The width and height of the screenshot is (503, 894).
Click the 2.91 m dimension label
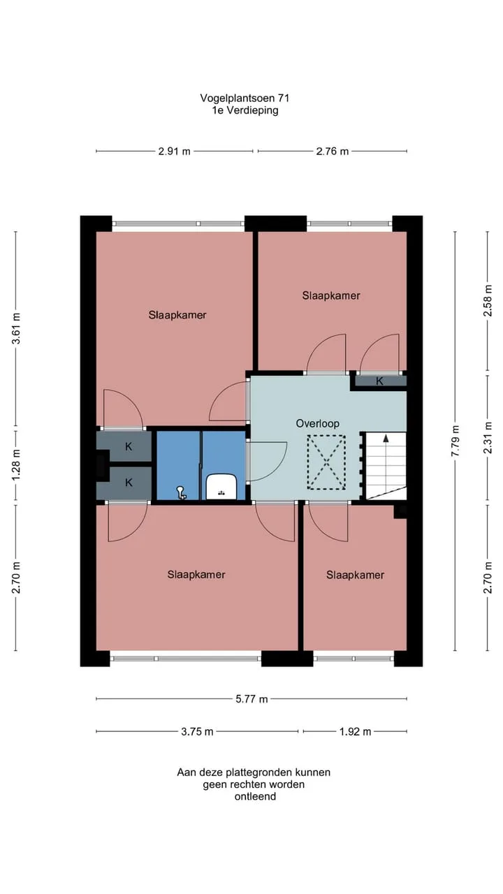[x=175, y=152]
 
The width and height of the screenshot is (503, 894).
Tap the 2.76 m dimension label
[x=333, y=152]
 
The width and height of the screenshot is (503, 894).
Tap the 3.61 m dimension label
[x=16, y=328]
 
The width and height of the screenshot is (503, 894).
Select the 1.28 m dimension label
[x=16, y=465]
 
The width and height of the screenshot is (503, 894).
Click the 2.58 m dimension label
[x=488, y=300]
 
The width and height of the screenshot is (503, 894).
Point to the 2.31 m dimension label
[x=488, y=438]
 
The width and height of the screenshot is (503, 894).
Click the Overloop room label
[x=318, y=423]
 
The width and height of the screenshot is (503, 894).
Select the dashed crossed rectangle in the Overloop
[x=326, y=462]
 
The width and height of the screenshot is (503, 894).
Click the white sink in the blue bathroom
[x=221, y=487]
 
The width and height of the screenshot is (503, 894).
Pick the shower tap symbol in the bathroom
[x=181, y=492]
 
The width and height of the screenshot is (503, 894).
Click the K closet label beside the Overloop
[x=379, y=381]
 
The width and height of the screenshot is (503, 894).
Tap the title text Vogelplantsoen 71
[x=245, y=98]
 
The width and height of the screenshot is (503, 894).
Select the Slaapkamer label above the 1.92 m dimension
[x=356, y=575]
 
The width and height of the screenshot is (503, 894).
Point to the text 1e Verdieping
[x=245, y=110]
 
